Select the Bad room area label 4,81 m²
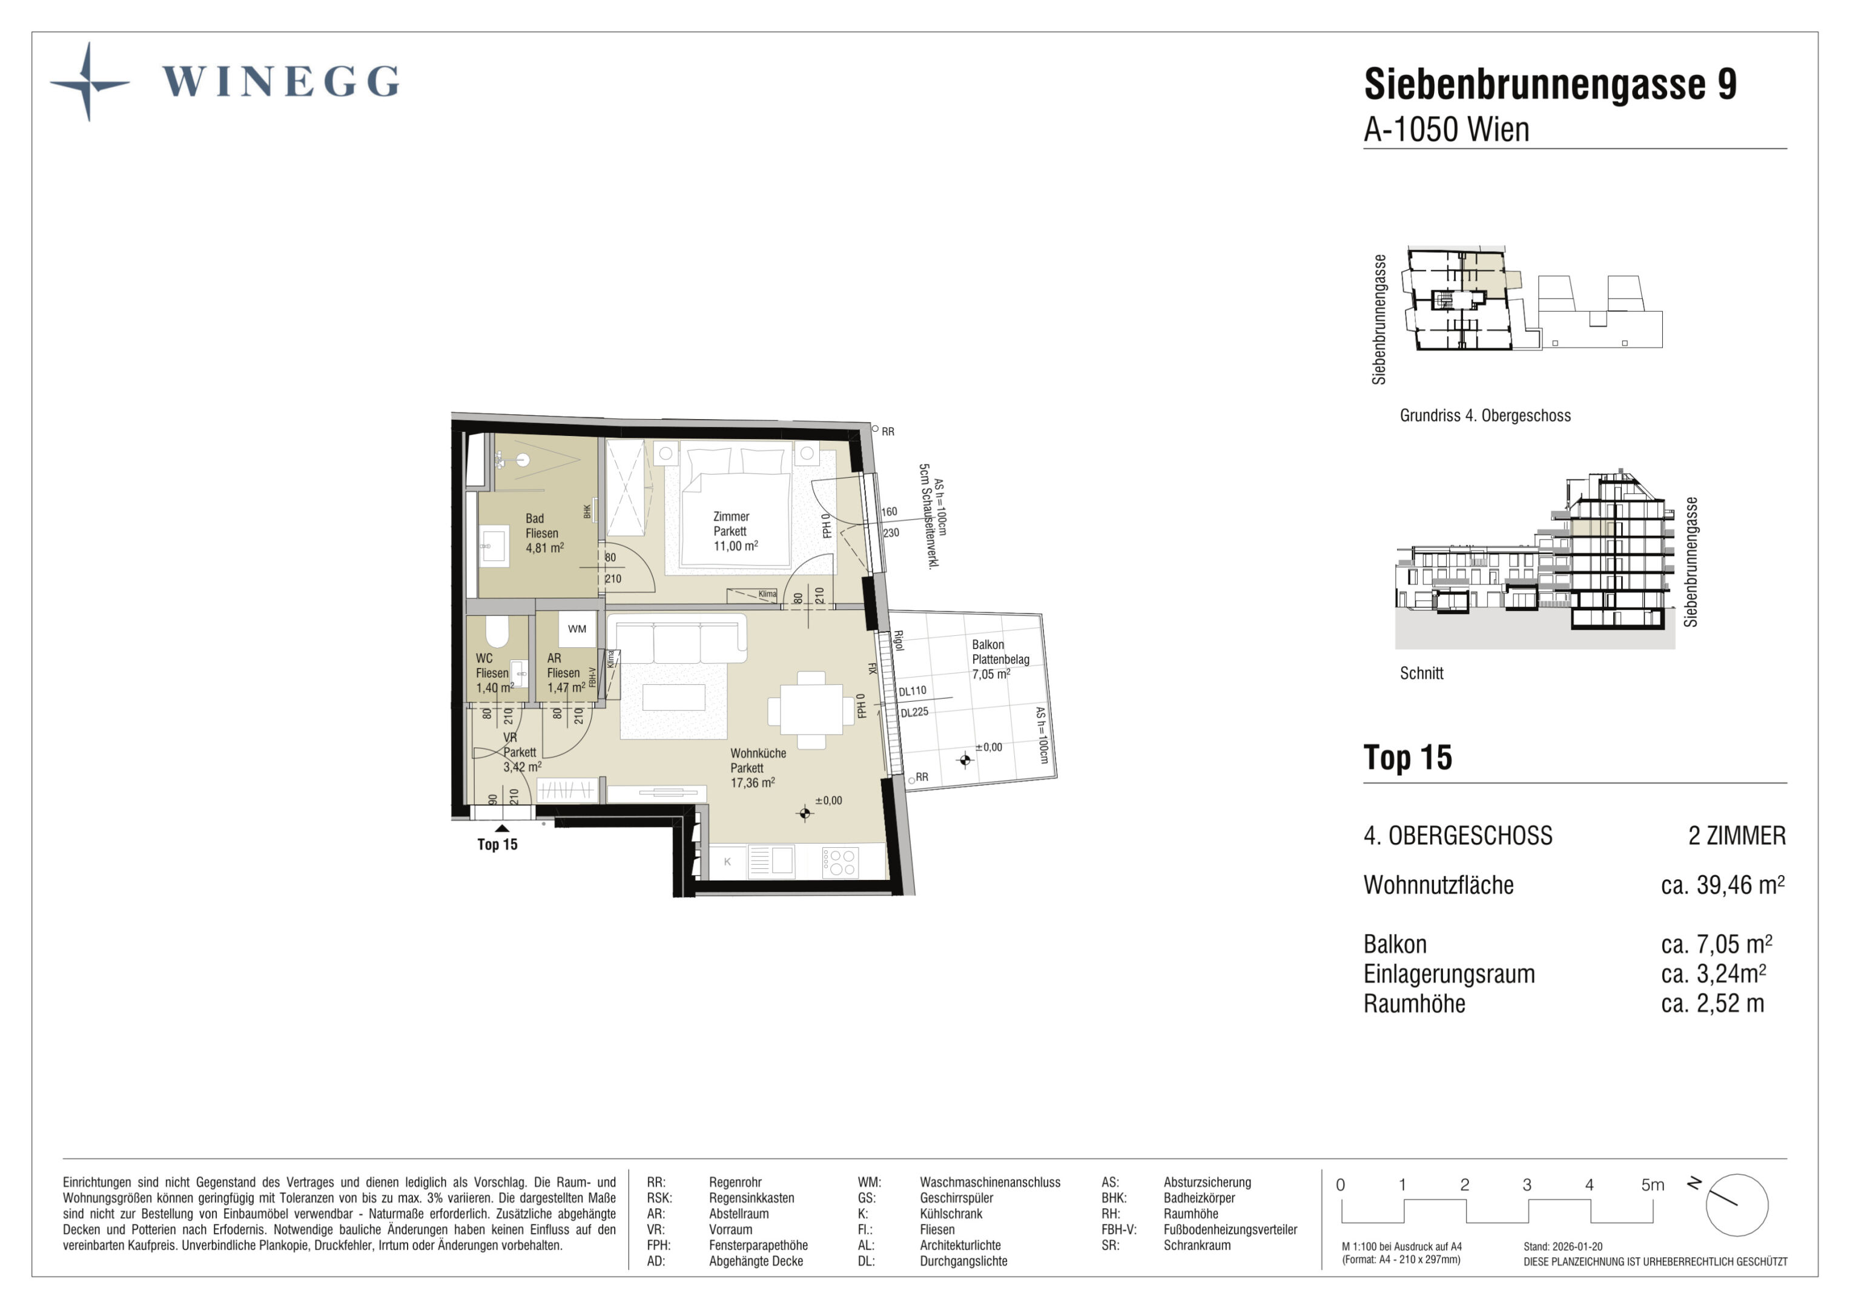coord(544,548)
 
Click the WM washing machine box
coord(577,629)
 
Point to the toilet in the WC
coord(497,631)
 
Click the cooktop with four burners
coord(839,862)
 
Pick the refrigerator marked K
coord(728,862)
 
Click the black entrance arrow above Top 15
coord(502,828)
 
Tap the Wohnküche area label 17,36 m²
coord(753,782)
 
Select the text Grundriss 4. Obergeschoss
coord(1485,416)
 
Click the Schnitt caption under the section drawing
coord(1421,674)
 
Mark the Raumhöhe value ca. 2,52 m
coord(1712,1004)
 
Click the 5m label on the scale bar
coord(1653,1184)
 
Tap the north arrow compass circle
coord(1737,1205)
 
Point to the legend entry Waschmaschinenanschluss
coord(990,1182)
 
